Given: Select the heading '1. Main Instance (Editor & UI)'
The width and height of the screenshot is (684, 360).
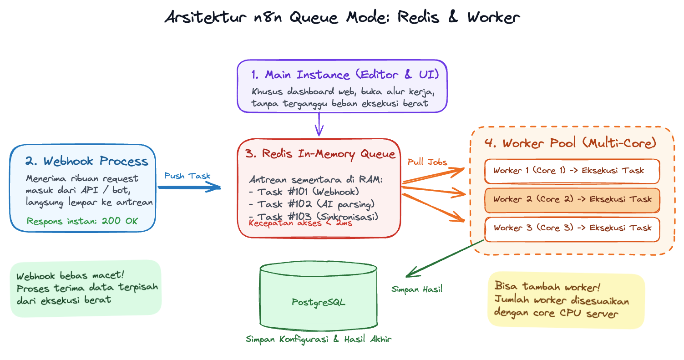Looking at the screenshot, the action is (x=345, y=75).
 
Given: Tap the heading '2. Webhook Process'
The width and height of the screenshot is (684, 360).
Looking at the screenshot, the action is (x=87, y=161).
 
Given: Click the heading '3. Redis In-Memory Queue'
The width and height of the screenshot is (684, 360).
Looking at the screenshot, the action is (x=320, y=154).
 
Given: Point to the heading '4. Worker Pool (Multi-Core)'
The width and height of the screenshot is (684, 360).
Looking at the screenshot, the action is (x=570, y=143).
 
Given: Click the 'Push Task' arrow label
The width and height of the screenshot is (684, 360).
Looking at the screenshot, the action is (x=187, y=176).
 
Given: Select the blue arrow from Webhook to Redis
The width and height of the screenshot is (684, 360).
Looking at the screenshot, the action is (x=189, y=187).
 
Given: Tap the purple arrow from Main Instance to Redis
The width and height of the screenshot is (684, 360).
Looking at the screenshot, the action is (x=319, y=124).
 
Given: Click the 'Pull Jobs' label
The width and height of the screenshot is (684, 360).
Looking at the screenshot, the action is (x=427, y=162).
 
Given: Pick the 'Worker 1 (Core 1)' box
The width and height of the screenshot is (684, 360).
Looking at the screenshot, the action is (x=572, y=171).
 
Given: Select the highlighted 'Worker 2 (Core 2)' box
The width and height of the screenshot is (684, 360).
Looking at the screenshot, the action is (x=572, y=200).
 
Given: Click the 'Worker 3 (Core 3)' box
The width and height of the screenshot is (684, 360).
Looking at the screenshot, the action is (x=572, y=229).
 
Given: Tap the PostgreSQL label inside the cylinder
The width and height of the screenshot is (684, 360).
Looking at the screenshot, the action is (x=319, y=302).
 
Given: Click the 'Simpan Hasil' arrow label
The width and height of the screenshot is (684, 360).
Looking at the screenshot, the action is (x=417, y=289).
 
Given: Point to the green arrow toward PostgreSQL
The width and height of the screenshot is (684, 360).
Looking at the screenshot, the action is (x=445, y=259).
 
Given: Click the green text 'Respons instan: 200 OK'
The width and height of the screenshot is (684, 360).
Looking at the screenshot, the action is (x=82, y=221).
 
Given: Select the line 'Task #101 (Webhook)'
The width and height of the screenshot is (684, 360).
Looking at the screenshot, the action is (x=304, y=192).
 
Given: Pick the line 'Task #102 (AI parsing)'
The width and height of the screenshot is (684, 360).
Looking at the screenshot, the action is (x=312, y=204).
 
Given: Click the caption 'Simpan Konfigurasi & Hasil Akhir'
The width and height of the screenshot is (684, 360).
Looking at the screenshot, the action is (x=319, y=339).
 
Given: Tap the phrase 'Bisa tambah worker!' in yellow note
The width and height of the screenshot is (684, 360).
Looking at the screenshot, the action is (x=547, y=286).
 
